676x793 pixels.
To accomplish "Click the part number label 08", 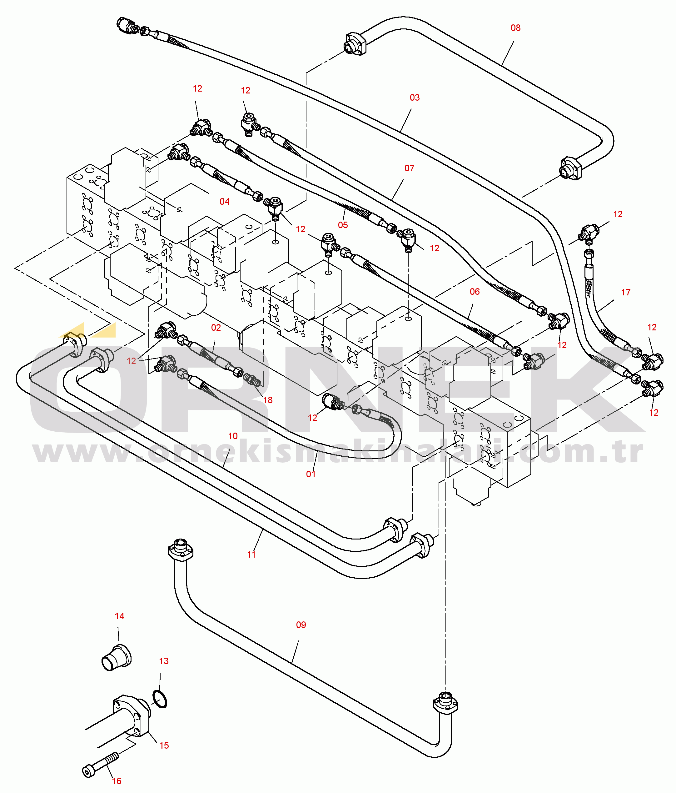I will [x=515, y=28].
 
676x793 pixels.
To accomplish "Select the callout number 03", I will [x=414, y=98].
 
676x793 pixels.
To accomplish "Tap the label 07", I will [x=409, y=168].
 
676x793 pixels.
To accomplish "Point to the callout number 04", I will [x=224, y=202].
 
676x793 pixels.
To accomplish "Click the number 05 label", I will [x=343, y=225].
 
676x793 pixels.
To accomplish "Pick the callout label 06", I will [x=475, y=292].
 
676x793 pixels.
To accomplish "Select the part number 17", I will [x=625, y=292].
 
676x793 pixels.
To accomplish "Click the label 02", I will [x=216, y=328].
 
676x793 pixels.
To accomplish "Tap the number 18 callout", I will [x=268, y=400].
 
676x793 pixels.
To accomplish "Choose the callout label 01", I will [x=311, y=474].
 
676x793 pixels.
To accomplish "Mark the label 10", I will [x=233, y=436].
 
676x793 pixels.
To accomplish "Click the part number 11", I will [x=251, y=555].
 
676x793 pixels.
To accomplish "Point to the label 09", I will [x=301, y=625].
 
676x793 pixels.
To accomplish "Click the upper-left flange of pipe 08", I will [x=356, y=44].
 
